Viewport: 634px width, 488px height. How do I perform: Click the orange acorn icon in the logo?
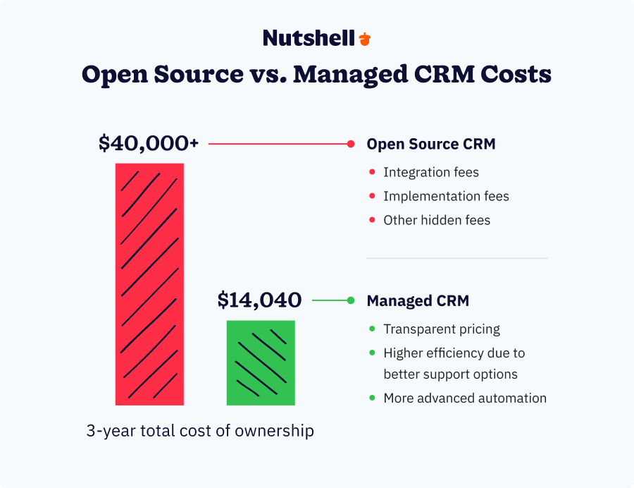pyautogui.click(x=364, y=39)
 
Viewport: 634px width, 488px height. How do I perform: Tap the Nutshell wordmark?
pyautogui.click(x=309, y=38)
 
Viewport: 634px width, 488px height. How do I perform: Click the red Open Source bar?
pyautogui.click(x=149, y=284)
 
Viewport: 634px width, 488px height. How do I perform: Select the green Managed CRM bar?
pyautogui.click(x=261, y=362)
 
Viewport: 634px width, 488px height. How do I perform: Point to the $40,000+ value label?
pyautogui.click(x=149, y=143)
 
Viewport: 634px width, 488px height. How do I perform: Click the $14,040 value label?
pyautogui.click(x=259, y=300)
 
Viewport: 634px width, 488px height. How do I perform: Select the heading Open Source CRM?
pyautogui.click(x=431, y=144)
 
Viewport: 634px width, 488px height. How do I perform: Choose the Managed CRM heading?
pyautogui.click(x=418, y=301)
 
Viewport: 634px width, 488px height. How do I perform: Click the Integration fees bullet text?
pyautogui.click(x=431, y=172)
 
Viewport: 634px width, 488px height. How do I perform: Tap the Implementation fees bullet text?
pyautogui.click(x=446, y=196)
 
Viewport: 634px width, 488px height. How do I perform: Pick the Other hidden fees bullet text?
pyautogui.click(x=437, y=220)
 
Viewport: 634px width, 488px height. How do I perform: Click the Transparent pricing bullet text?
pyautogui.click(x=442, y=329)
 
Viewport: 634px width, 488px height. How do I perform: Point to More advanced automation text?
pyautogui.click(x=465, y=398)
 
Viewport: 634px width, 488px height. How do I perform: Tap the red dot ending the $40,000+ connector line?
pyautogui.click(x=350, y=144)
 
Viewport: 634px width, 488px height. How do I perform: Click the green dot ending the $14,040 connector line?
pyautogui.click(x=350, y=301)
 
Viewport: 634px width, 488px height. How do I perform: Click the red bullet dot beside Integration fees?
pyautogui.click(x=371, y=172)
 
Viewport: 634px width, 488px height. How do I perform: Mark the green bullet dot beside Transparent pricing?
pyautogui.click(x=371, y=329)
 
